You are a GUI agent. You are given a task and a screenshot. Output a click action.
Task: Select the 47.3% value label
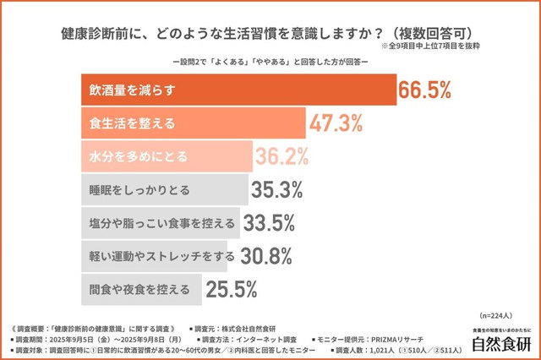click(x=336, y=123)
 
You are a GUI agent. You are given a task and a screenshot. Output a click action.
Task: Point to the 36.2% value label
click(x=283, y=156)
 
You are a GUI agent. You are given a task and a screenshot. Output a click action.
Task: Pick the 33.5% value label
click(x=268, y=222)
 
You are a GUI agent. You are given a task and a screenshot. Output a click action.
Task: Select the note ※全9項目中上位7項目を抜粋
click(x=439, y=49)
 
